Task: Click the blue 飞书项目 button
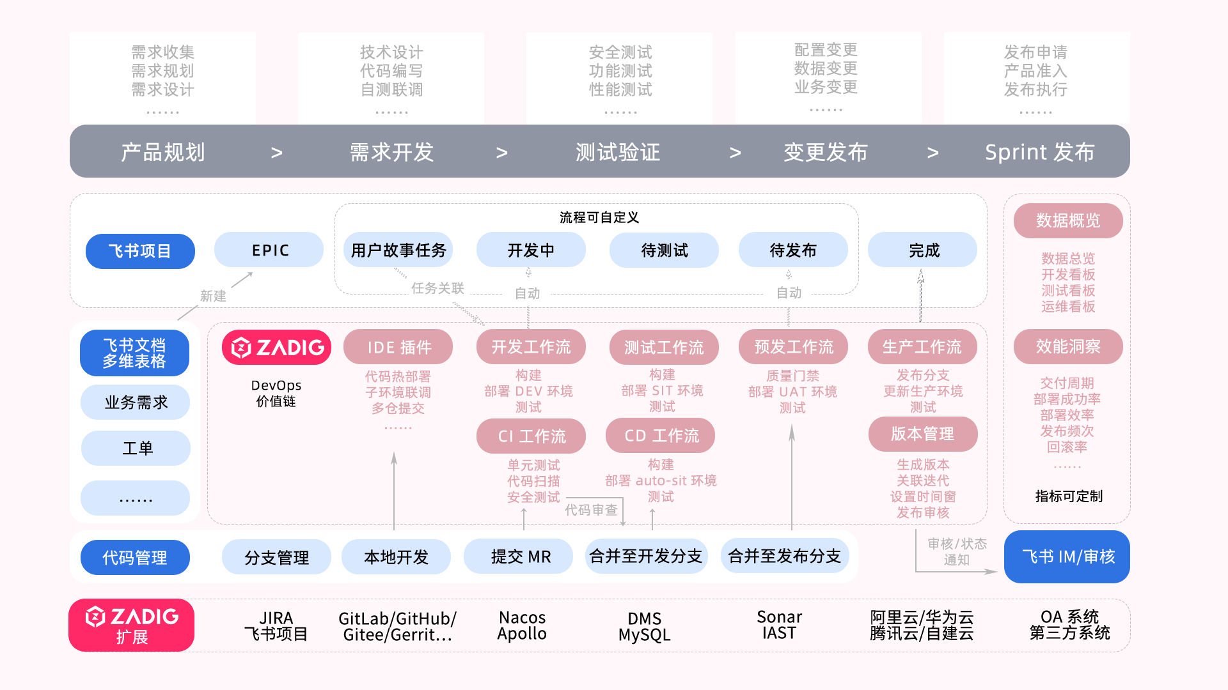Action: click(x=140, y=251)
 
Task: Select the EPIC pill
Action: click(x=269, y=250)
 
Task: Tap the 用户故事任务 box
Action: click(x=398, y=250)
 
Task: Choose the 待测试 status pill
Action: click(x=664, y=250)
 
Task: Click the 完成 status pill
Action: click(x=922, y=250)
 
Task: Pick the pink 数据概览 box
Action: click(x=1068, y=220)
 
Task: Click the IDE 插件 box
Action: click(x=398, y=347)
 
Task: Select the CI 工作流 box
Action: click(x=531, y=436)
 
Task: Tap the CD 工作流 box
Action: click(x=661, y=435)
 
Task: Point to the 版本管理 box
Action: click(x=923, y=434)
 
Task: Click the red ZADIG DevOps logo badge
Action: click(x=276, y=348)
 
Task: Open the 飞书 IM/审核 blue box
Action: click(x=1067, y=556)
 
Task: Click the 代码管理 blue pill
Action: click(x=135, y=558)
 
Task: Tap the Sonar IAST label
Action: click(x=779, y=625)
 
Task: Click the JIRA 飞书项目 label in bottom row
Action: click(x=276, y=625)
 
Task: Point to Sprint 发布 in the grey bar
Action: click(x=1040, y=152)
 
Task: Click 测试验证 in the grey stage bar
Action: click(x=618, y=152)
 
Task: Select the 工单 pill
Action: click(x=136, y=448)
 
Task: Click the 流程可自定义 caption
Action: click(x=599, y=217)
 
